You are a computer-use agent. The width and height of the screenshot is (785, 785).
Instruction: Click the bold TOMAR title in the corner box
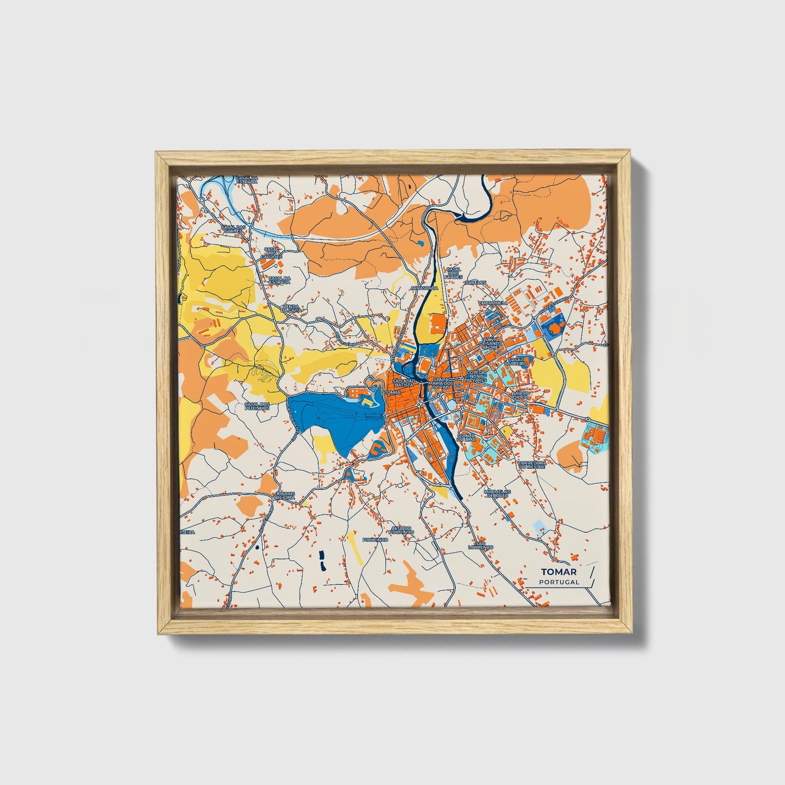coord(558,572)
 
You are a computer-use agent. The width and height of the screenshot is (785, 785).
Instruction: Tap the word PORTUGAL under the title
coord(559,582)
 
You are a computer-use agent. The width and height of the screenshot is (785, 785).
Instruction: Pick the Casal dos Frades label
coord(453,272)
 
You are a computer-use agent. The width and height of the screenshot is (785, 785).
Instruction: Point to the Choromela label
coord(493,303)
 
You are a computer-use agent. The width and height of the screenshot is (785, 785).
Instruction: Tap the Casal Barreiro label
coord(516,361)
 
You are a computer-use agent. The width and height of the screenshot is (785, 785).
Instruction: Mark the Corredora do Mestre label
coord(531,464)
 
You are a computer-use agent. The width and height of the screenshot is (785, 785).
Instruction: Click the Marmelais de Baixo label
coord(495,493)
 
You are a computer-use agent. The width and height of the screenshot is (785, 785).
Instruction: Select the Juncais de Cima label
coord(286,495)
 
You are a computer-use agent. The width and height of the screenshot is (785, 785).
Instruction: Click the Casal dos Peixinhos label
coord(257,406)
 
